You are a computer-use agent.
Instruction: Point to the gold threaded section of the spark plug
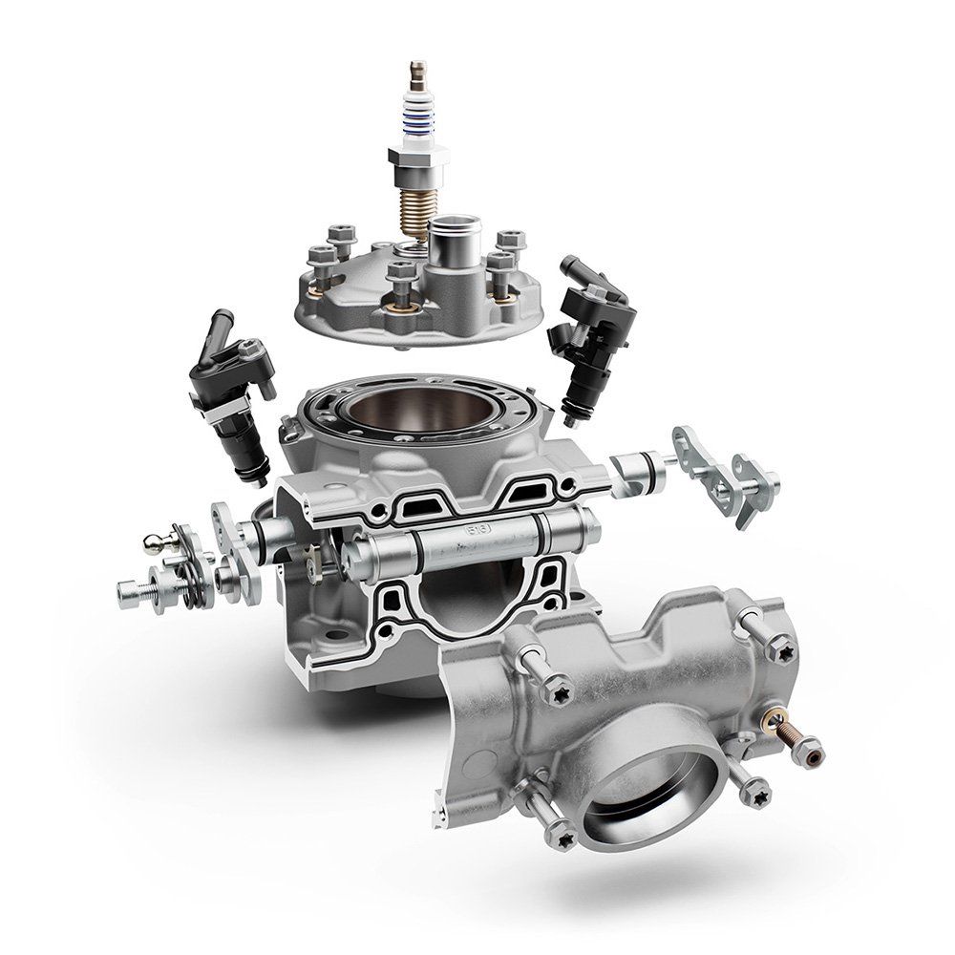[x=417, y=205]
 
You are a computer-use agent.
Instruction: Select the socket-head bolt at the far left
[x=129, y=595]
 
